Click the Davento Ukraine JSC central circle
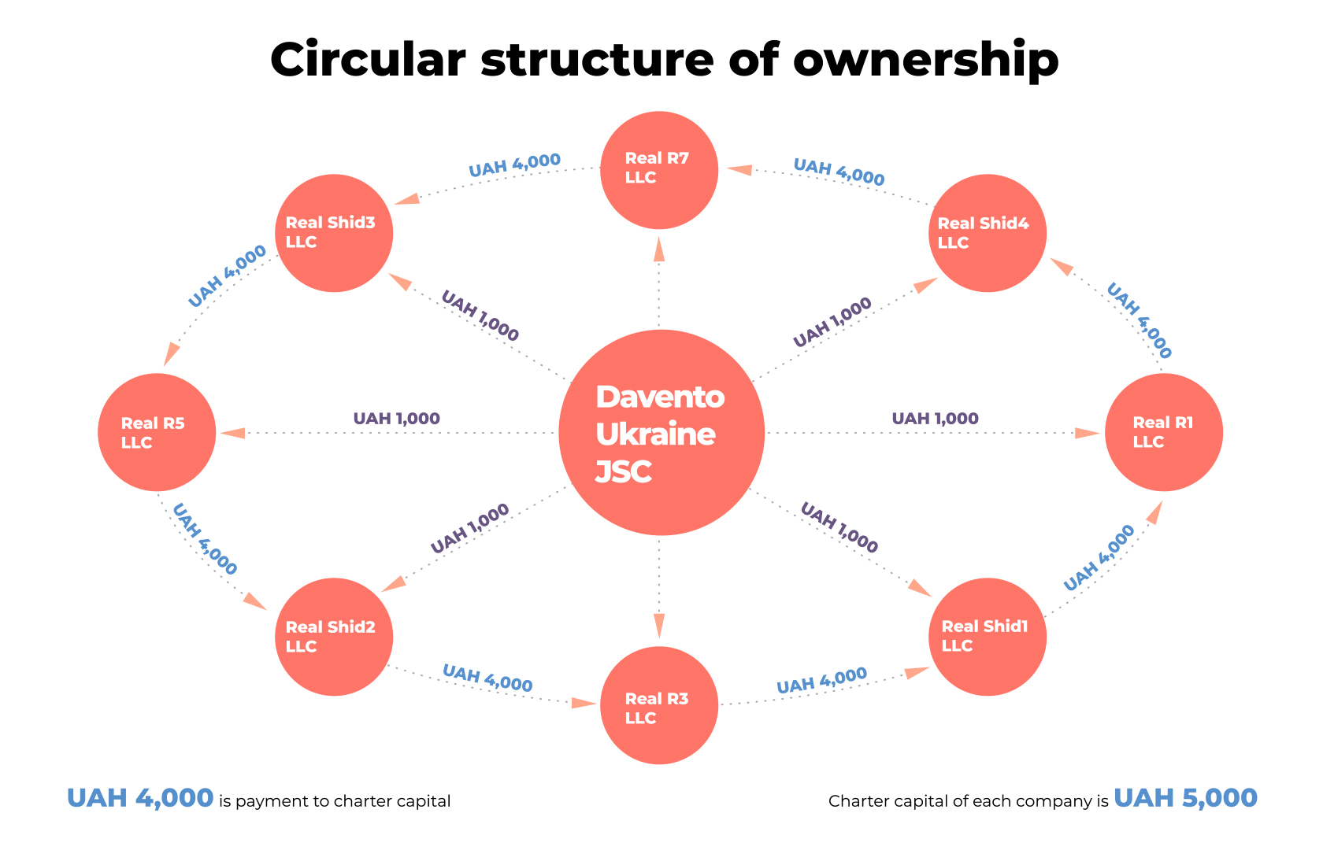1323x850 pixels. [661, 433]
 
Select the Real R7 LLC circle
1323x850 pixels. [659, 170]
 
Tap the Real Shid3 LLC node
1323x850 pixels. [334, 233]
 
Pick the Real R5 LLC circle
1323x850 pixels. [157, 432]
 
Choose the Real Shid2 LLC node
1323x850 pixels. [334, 637]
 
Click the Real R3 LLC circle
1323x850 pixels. [659, 705]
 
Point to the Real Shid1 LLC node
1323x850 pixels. [988, 637]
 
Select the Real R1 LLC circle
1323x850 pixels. [1164, 432]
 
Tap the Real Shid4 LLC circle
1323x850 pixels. [988, 233]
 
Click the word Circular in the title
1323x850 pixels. [368, 60]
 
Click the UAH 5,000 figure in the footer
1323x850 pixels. [1185, 798]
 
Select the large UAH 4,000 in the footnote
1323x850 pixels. [140, 798]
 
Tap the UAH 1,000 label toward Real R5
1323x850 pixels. [396, 419]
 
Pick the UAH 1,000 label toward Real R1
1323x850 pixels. [935, 419]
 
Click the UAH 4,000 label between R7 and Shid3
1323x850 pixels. [514, 165]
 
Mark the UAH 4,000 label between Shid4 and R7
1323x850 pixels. [839, 172]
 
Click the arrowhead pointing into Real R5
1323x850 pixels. [233, 433]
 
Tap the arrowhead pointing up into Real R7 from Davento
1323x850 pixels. [659, 248]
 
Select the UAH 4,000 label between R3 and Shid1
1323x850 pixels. [821, 680]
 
